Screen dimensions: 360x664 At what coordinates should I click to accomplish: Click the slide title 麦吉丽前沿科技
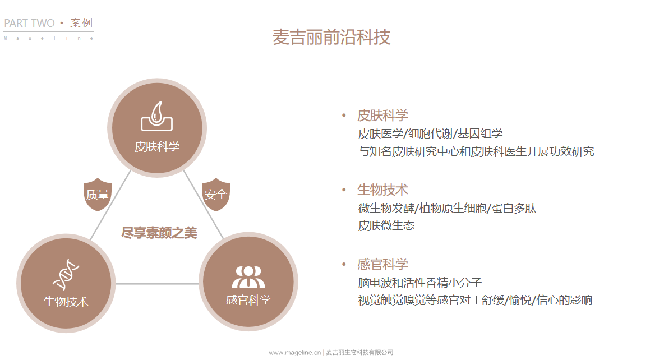(331, 36)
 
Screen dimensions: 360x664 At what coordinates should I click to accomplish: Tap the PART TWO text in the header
(29, 24)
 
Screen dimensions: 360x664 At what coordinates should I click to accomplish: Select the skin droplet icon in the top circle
(157, 117)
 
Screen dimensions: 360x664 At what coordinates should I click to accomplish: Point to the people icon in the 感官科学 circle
(248, 276)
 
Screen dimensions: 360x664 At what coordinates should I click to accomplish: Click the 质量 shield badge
(98, 195)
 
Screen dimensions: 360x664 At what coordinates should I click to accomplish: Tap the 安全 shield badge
(216, 195)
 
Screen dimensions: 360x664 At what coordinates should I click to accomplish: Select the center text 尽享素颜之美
(159, 233)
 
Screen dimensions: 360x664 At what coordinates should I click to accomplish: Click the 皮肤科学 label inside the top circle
(157, 147)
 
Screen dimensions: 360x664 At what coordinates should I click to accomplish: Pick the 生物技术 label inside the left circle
(66, 301)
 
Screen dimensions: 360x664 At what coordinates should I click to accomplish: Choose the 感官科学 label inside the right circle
(248, 300)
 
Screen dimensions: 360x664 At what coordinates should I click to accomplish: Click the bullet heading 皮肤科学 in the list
(382, 116)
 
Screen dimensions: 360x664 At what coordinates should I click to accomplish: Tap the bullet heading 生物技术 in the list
(382, 190)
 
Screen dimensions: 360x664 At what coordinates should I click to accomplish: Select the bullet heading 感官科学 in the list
(382, 264)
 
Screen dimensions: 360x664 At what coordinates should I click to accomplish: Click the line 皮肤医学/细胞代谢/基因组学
(430, 133)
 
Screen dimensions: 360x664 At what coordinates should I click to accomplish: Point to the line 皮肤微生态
(386, 225)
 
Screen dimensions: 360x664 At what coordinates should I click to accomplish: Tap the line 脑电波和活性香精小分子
(419, 282)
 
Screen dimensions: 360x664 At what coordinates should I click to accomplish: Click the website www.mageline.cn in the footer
(294, 353)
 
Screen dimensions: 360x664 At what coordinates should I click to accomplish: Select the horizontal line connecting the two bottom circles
(157, 284)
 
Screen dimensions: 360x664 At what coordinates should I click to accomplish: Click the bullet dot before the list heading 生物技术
(344, 190)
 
